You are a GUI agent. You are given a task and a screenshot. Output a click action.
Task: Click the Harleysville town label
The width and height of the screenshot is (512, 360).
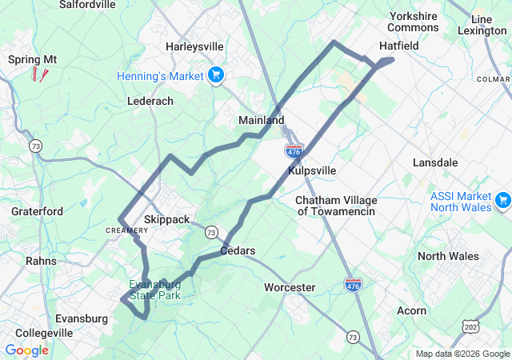click(x=194, y=46)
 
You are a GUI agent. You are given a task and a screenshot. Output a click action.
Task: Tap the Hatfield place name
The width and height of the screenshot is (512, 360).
click(x=398, y=46)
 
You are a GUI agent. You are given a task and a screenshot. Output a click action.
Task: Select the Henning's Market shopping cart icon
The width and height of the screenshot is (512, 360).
click(x=215, y=76)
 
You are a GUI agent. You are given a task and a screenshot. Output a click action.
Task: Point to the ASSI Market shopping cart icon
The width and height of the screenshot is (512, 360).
click(x=502, y=199)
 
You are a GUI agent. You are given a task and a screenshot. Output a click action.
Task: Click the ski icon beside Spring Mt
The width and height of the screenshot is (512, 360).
click(x=39, y=74)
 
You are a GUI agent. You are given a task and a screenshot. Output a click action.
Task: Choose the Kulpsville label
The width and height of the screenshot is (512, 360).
click(x=312, y=170)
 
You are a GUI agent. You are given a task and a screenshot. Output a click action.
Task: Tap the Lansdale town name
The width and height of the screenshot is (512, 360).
click(x=435, y=162)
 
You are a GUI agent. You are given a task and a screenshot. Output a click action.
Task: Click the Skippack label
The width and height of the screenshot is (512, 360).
click(x=167, y=219)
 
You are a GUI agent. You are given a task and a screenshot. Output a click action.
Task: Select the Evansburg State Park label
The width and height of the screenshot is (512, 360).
click(x=155, y=290)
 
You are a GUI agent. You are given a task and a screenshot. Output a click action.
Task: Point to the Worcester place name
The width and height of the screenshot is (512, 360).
click(x=290, y=287)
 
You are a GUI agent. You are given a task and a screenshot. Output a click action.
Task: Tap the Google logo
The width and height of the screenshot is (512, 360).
click(x=26, y=350)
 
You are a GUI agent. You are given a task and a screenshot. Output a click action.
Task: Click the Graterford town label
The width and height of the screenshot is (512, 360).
click(x=37, y=211)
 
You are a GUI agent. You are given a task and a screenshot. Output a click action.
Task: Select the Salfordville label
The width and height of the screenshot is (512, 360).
click(x=87, y=4)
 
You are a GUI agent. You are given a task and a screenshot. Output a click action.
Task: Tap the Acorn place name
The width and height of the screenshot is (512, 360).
click(x=411, y=310)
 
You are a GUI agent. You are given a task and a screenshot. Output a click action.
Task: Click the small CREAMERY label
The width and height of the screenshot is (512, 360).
click(x=122, y=230)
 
